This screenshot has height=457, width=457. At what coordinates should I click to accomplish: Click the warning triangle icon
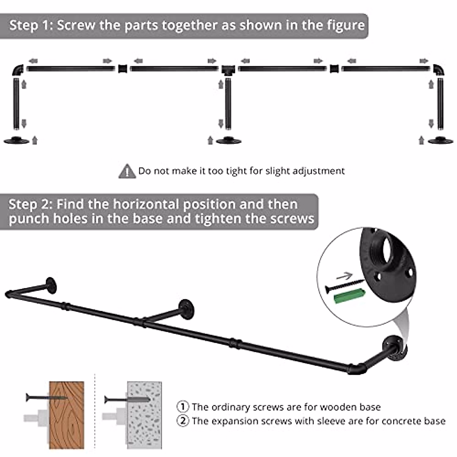pos(127,171)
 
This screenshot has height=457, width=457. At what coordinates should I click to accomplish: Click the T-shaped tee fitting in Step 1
pos(227,70)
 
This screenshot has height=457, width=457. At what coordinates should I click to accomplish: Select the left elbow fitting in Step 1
pos(18,70)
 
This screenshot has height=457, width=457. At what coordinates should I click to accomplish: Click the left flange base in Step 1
pos(16,141)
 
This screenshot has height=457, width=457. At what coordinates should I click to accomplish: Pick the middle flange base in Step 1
pos(228,141)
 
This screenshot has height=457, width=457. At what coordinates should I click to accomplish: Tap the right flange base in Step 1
pos(440,141)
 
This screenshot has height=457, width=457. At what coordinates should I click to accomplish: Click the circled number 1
pos(183,407)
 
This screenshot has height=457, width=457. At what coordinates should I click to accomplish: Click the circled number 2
pos(183,421)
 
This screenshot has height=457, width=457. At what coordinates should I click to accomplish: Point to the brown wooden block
pos(67,415)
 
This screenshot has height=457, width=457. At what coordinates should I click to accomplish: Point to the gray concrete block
pos(144,415)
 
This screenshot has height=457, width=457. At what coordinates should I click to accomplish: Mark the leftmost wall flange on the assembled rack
pos(51,285)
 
